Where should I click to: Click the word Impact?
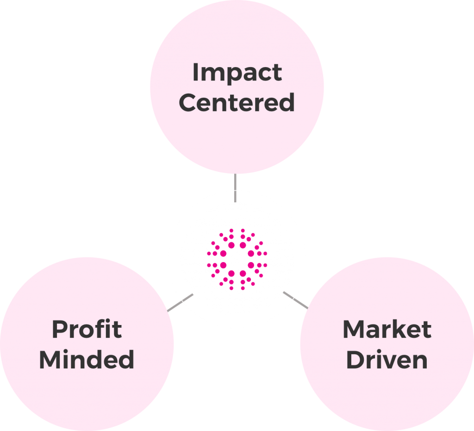[x=237, y=73]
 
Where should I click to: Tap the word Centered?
[x=237, y=102]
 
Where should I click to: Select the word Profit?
[x=87, y=330]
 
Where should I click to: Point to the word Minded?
[x=87, y=359]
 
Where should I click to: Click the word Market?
[x=387, y=330]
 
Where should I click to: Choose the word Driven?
[x=387, y=360]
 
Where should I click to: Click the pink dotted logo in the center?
[x=237, y=259]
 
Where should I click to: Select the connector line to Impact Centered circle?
[x=235, y=188]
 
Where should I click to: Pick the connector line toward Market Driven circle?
[x=295, y=300]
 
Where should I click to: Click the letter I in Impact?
[x=195, y=73]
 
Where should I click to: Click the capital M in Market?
[x=354, y=330]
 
